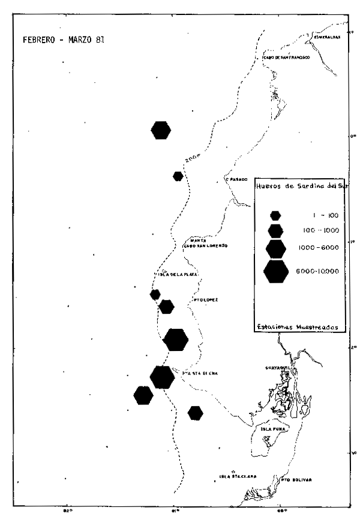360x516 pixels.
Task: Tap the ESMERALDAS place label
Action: pos(327,37)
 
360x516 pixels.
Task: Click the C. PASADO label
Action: pos(236,179)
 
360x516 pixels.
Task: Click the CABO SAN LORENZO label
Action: pos(206,246)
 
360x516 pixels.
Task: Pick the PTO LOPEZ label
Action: pos(206,298)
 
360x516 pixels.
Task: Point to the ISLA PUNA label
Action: pos(272,430)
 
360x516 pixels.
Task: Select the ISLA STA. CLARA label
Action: pos(238,476)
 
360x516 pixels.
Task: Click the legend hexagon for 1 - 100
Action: pos(275,215)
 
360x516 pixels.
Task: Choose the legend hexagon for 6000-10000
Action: pos(276,271)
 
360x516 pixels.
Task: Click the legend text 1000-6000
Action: pos(317,248)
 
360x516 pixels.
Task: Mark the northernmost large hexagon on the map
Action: pos(161,130)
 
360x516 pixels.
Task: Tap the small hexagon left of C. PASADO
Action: pos(178,176)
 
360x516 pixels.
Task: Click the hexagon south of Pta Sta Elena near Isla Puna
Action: pos(195,413)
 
